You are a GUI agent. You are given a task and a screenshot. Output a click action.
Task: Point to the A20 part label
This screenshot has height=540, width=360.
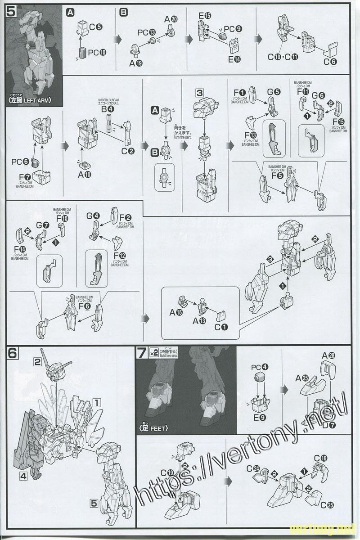pyautogui.click(x=171, y=19)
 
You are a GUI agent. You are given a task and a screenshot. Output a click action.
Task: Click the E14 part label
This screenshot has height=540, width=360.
pyautogui.click(x=234, y=59)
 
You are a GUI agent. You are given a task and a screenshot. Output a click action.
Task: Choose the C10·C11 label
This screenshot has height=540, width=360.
pyautogui.click(x=283, y=57)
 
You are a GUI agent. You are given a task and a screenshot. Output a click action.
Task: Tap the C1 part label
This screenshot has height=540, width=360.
pyautogui.click(x=221, y=327)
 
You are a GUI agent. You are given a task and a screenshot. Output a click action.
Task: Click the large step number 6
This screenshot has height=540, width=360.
pyautogui.click(x=13, y=353)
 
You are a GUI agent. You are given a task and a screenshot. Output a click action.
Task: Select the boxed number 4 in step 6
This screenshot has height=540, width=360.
pyautogui.click(x=23, y=475)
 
